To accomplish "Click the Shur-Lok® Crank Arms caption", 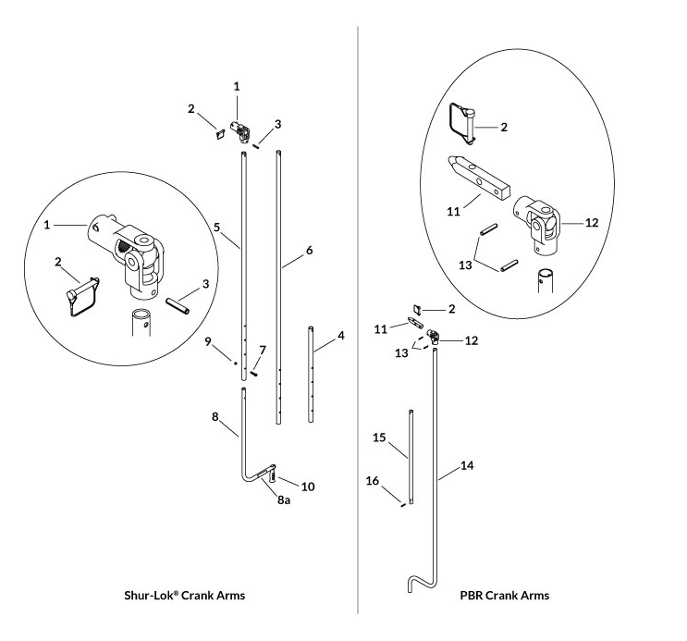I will [x=185, y=595].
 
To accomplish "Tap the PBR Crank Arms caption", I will [x=504, y=595].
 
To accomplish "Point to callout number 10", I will [x=308, y=487].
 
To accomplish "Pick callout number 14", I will [x=468, y=466].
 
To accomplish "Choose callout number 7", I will [x=263, y=350].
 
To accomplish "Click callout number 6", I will [x=309, y=251].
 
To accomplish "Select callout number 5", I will [x=216, y=226].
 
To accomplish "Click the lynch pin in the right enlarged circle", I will [x=464, y=123].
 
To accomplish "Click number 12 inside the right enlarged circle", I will [x=593, y=223].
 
